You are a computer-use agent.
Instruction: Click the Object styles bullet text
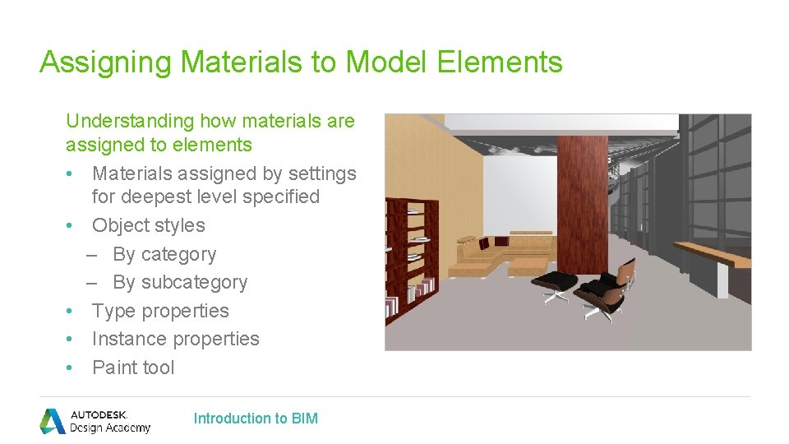(x=148, y=225)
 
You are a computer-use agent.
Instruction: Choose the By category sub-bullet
(x=164, y=254)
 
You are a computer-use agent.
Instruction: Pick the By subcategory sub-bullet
(x=179, y=282)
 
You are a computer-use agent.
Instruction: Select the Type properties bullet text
(x=160, y=311)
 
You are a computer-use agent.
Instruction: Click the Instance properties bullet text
(x=175, y=339)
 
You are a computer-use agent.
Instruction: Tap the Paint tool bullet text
(x=133, y=368)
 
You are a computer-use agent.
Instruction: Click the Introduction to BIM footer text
(x=256, y=419)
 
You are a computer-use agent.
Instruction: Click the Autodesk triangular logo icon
(x=53, y=420)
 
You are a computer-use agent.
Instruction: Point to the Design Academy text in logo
(x=110, y=428)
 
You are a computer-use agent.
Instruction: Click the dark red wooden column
(x=582, y=197)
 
